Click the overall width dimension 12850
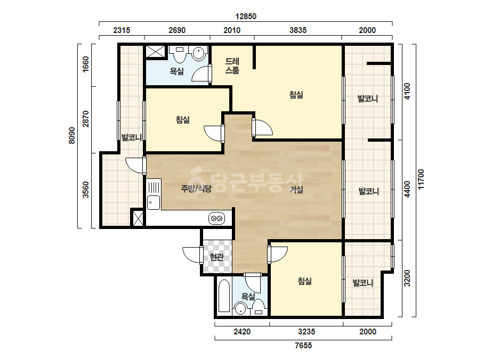[246, 17]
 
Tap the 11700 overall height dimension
[421, 179]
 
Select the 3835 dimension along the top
[298, 30]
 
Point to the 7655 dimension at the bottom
[303, 345]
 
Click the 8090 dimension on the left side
[72, 135]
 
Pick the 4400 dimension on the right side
[407, 189]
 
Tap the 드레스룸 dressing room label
[232, 66]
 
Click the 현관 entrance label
[216, 257]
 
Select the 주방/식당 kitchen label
[196, 188]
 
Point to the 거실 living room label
[296, 189]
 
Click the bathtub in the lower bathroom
[224, 296]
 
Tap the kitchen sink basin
[154, 202]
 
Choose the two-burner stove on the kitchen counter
[216, 218]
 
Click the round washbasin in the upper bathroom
[199, 53]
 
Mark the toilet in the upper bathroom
[180, 54]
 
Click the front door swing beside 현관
[191, 255]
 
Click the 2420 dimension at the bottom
[242, 331]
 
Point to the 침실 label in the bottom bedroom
[305, 281]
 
